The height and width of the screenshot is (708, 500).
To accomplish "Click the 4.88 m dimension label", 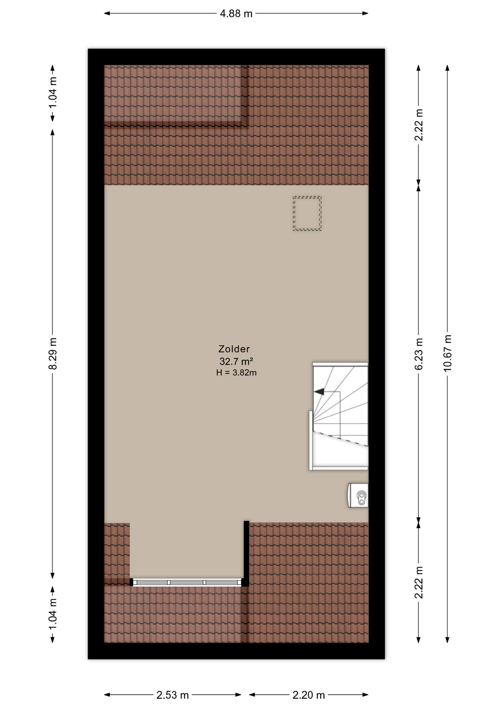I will pos(236,14).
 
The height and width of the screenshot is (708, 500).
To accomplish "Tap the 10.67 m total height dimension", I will pos(447,353).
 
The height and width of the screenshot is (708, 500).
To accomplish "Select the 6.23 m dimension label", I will pos(419,353).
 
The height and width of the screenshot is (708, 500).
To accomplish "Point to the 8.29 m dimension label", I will pos(53,353).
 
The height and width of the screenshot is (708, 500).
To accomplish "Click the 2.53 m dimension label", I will pos(172,695).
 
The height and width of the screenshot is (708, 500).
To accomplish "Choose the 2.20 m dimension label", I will pos(309,695).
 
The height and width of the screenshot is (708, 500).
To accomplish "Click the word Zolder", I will pos(234,349).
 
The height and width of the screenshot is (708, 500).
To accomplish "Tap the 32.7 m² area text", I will pos(236,361).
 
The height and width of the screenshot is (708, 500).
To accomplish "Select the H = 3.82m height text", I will pos(236,373).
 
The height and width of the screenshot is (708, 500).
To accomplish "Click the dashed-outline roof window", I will pos(307,214).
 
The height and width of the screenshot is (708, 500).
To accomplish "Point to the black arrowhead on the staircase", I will pos(319,391).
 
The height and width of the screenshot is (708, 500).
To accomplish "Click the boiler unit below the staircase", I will pos(359,495).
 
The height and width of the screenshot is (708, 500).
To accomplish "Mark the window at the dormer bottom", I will pos(187,582).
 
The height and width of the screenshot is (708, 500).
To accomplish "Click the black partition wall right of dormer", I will pos(246,553).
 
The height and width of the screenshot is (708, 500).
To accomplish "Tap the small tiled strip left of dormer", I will pos(117,551).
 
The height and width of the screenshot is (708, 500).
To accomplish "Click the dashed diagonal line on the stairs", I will pos(342,439).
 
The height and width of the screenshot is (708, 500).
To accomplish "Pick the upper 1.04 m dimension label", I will pos(53,93).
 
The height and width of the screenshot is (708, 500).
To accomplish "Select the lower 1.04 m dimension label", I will pos(53,615).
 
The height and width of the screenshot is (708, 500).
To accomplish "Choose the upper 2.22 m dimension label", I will pos(419,125).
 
